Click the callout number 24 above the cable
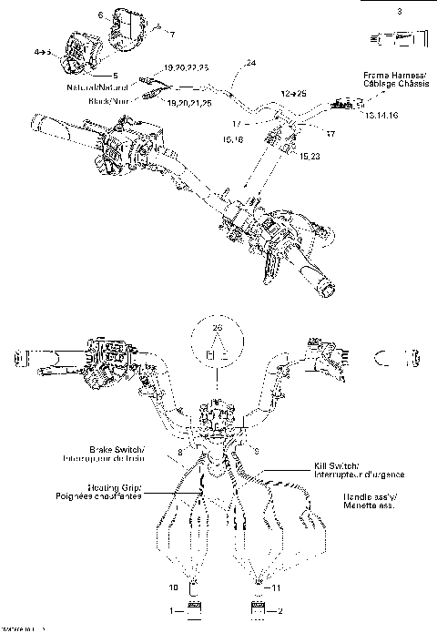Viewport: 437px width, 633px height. tap(251, 63)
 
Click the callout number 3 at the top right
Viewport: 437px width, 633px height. tap(398, 10)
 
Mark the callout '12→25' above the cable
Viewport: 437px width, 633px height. tap(294, 93)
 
